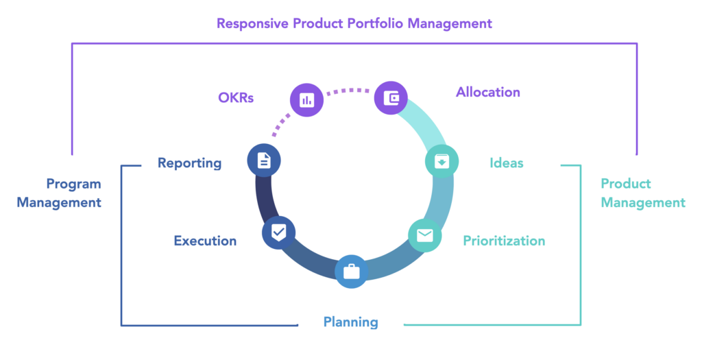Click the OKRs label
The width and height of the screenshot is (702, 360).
(236, 97)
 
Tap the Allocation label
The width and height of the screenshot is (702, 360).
(488, 93)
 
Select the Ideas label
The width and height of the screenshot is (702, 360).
(507, 163)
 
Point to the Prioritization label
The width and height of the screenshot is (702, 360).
(504, 241)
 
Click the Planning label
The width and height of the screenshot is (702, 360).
(351, 322)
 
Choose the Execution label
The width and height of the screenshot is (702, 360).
(205, 241)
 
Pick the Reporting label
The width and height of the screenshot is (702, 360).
(189, 163)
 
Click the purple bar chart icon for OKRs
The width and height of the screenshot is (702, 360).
(306, 100)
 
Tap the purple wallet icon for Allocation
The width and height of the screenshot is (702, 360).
(391, 97)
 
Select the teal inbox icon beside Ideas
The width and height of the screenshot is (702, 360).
(441, 161)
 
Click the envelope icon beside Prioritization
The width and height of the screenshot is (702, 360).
(425, 235)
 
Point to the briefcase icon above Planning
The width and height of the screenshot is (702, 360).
(352, 272)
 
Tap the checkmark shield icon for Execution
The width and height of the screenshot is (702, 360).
(278, 232)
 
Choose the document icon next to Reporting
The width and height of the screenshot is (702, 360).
(264, 160)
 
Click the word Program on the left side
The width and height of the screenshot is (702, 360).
(74, 184)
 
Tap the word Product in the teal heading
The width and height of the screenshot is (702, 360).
(626, 184)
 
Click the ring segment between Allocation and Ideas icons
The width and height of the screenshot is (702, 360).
(424, 121)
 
